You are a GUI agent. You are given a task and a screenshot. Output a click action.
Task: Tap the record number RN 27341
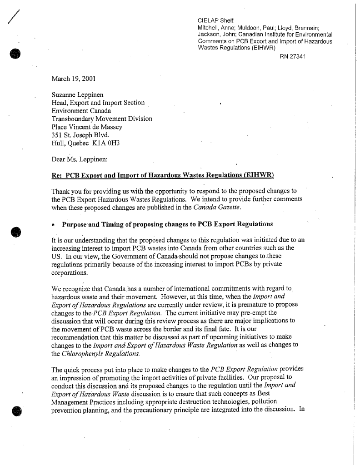tap(291, 57)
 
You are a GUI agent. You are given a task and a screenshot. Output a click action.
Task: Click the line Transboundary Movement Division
tap(102, 119)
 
